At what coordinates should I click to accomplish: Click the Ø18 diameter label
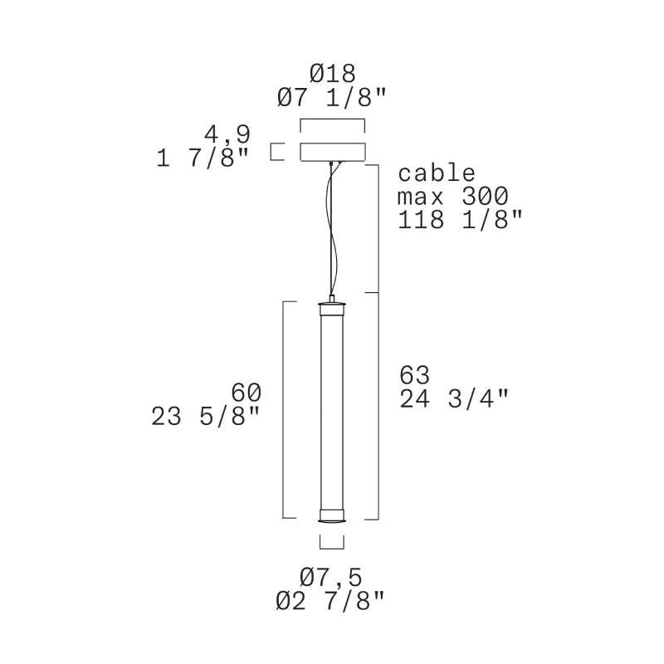[333, 74]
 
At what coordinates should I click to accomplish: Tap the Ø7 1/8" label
[332, 97]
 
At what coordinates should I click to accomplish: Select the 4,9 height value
[227, 134]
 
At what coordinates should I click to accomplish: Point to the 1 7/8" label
[202, 159]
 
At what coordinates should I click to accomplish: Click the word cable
[437, 173]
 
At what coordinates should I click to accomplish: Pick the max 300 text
[453, 197]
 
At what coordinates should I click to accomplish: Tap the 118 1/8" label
[461, 220]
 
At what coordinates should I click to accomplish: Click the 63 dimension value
[414, 375]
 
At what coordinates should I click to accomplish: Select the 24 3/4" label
[453, 398]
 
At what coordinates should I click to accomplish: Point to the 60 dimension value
[246, 393]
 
